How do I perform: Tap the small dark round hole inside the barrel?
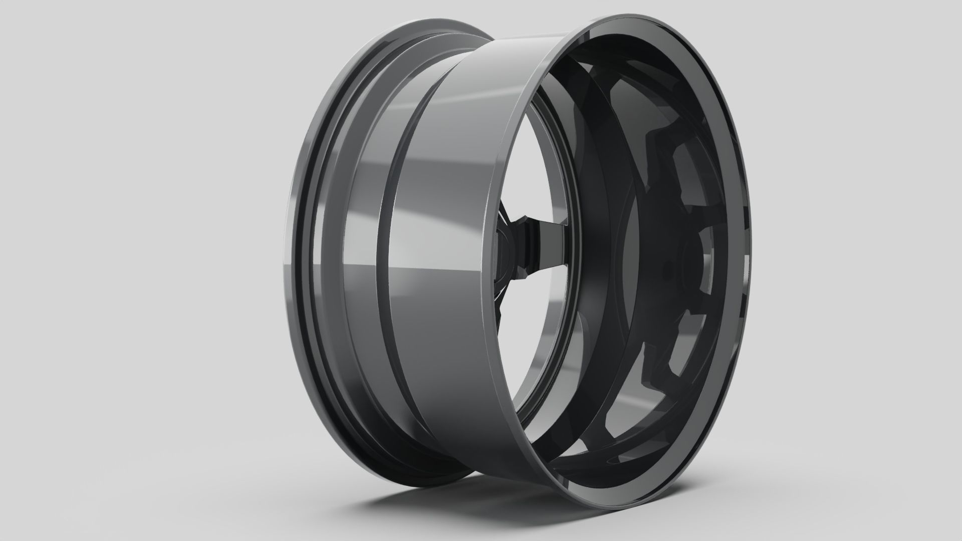[x=666, y=271]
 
